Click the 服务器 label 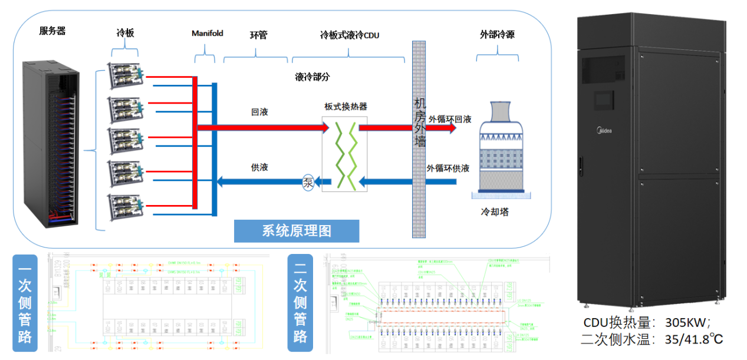(x=52, y=31)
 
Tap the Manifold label (x=208, y=34)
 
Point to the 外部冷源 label (x=497, y=35)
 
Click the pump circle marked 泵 (x=308, y=181)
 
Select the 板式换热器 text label (x=345, y=107)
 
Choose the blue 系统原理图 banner (x=296, y=231)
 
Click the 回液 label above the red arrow (x=259, y=111)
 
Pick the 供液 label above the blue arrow (x=259, y=167)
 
